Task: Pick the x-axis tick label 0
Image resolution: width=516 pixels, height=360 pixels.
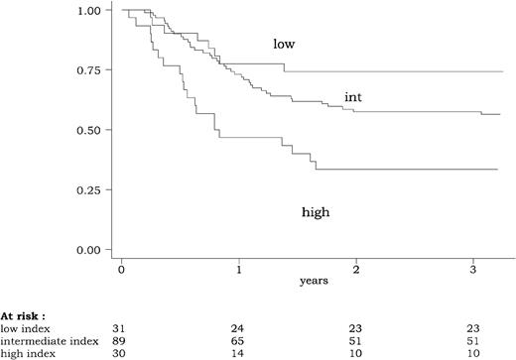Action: coord(122,269)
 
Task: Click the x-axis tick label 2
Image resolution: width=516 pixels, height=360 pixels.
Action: coord(356,269)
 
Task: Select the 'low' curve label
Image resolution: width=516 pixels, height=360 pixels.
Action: coord(285,45)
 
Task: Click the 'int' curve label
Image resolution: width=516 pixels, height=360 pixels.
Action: coord(352,96)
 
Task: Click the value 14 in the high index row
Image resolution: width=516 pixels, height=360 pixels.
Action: coord(239,353)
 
